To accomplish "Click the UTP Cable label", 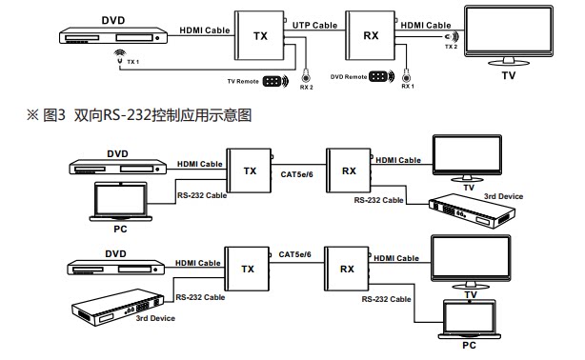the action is tap(314, 26).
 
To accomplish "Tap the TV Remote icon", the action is tap(275, 81).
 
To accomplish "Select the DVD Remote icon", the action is tap(381, 76).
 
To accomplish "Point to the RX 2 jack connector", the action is tap(306, 77).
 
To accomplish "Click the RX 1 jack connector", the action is tap(407, 76).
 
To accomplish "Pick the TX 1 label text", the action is tap(133, 62).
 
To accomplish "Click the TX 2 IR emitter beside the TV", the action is tap(451, 36).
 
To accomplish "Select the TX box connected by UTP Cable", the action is tap(260, 35).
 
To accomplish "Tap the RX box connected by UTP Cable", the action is tap(371, 35).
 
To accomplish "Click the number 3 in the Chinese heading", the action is tap(62, 115).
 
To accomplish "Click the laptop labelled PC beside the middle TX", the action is tap(120, 202).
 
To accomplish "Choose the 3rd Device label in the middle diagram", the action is tap(503, 196).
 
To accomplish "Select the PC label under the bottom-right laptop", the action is tap(469, 346).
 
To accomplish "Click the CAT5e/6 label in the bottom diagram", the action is tap(294, 254).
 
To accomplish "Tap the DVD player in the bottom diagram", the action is tap(115, 267).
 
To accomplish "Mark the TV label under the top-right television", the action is tap(509, 76).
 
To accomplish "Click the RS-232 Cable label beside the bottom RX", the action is tap(386, 299).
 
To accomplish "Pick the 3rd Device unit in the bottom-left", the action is tap(118, 308).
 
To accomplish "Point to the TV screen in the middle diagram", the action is tap(467, 154).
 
